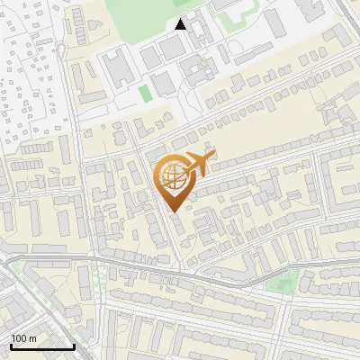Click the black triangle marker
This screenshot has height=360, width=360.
pyautogui.click(x=181, y=24)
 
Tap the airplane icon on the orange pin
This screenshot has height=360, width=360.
pyautogui.click(x=197, y=164)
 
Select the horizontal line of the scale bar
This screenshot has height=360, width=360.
pyautogui.click(x=42, y=346)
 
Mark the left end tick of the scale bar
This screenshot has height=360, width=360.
pyautogui.click(x=11, y=344)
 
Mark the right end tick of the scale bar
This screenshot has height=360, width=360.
pyautogui.click(x=74, y=344)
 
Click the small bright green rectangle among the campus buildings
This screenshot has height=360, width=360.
pyautogui.click(x=145, y=93)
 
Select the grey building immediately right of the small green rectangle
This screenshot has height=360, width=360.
pyautogui.click(x=163, y=85)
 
